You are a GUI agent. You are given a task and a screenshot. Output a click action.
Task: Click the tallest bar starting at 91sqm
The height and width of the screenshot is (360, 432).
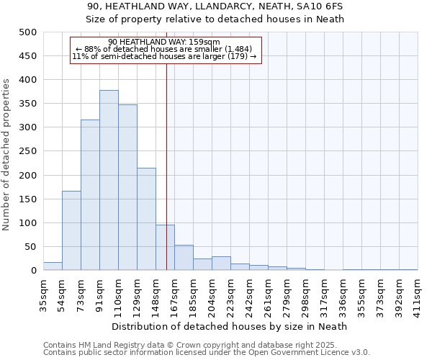[x=109, y=180]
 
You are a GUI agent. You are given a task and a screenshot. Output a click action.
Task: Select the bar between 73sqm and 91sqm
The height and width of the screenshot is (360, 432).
[x=90, y=194]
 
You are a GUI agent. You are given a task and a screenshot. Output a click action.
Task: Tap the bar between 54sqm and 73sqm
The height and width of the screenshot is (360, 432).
[x=71, y=230]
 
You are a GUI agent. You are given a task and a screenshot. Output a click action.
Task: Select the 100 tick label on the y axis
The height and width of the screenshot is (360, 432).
[x=28, y=223]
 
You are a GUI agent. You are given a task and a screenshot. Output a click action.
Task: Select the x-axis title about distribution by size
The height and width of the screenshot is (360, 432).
[x=230, y=326]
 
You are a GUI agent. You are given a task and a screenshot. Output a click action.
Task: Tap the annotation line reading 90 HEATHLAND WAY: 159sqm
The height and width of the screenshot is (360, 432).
[x=164, y=42]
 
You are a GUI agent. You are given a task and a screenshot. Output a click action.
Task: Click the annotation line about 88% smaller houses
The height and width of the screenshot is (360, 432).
[x=164, y=49]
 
